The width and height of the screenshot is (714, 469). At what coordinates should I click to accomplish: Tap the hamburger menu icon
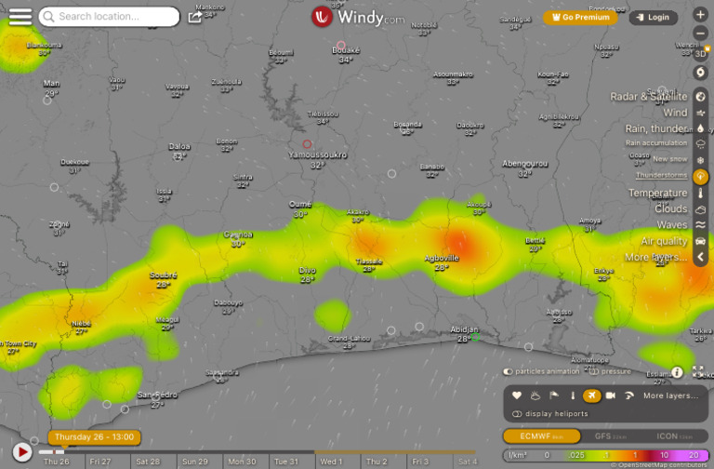click(20, 17)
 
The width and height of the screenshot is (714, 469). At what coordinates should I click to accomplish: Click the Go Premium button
click(582, 17)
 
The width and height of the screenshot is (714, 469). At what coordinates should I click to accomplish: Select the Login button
click(654, 17)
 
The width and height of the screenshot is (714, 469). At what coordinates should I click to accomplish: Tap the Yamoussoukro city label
click(317, 155)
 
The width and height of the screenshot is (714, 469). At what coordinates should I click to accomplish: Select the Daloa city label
click(178, 146)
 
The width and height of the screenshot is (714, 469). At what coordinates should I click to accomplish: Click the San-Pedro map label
click(157, 395)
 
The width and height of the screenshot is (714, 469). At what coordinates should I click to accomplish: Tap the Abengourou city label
click(525, 163)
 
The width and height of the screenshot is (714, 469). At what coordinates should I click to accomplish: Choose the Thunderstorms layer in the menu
click(661, 175)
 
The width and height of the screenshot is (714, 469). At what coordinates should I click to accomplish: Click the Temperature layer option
click(657, 193)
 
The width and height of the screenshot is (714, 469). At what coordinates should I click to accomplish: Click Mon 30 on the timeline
click(242, 462)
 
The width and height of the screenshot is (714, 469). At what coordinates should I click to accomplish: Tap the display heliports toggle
click(517, 413)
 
